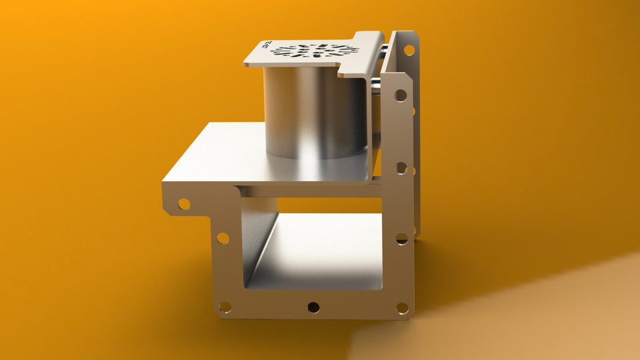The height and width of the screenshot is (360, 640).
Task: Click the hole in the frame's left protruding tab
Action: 183,203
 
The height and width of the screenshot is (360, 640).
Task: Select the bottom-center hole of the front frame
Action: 313,307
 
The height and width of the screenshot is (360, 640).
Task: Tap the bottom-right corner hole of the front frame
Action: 402,308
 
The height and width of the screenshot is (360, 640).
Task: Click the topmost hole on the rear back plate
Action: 409,49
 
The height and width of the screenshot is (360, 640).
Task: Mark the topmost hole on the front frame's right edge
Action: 401,95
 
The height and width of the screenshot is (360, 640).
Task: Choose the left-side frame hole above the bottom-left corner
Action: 223,238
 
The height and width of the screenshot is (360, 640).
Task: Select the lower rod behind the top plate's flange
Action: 377,83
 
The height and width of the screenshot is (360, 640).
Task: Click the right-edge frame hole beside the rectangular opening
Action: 401,238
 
